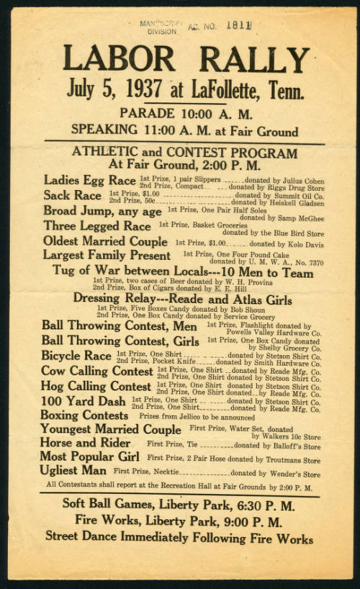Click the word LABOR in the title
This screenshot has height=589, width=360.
[120, 59]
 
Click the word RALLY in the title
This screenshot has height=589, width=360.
[254, 59]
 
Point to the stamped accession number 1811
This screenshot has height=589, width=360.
[238, 26]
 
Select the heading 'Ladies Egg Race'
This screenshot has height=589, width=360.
[90, 180]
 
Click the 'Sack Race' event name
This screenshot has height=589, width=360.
[73, 195]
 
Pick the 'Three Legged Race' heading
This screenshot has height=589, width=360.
[97, 225]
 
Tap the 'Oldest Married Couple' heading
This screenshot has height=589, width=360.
[105, 241]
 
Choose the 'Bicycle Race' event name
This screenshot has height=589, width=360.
[76, 356]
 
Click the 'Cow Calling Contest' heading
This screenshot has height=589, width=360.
[97, 372]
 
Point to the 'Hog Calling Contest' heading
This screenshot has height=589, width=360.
[96, 386]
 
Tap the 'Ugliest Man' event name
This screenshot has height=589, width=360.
[74, 471]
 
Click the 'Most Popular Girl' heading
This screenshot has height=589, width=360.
[90, 457]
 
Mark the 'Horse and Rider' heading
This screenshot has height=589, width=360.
[85, 443]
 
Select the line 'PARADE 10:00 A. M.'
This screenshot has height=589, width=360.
[186, 113]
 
